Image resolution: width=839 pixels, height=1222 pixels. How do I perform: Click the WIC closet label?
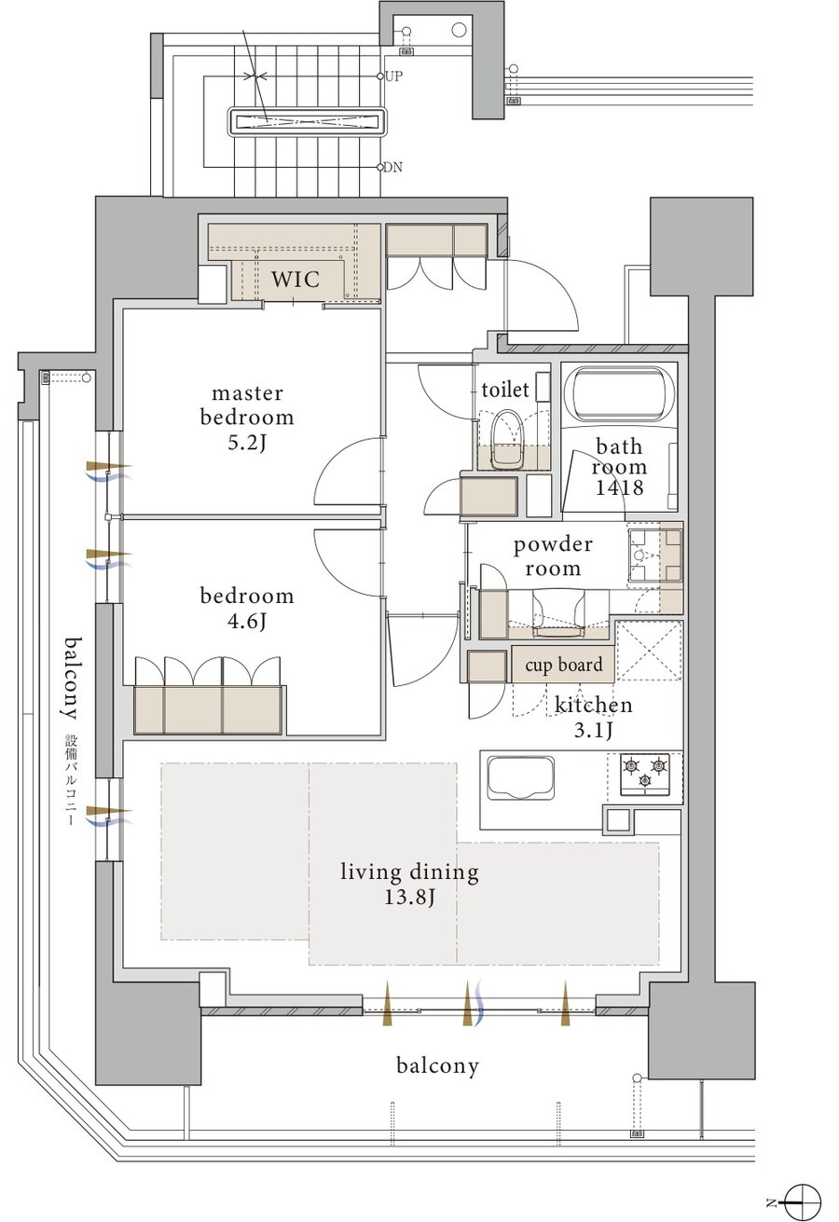[x=296, y=279]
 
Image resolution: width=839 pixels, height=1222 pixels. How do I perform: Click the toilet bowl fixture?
[x=505, y=440]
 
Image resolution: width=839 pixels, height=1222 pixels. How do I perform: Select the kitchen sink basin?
[x=520, y=776]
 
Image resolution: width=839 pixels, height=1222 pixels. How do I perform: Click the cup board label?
[x=563, y=665]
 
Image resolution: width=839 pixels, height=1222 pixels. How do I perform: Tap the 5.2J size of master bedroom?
[x=246, y=443]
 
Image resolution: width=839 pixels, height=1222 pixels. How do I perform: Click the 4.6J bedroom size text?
[x=246, y=621]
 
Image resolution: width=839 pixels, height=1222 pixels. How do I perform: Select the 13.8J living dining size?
[x=409, y=897]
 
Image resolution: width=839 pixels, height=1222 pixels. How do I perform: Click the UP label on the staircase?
[x=393, y=76]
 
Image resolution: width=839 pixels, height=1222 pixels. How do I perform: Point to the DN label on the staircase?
[x=392, y=167]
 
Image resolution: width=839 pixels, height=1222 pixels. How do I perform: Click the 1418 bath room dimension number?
[x=619, y=487]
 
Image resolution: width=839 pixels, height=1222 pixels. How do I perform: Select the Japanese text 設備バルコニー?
[x=71, y=781]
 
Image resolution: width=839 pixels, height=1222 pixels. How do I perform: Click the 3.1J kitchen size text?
[x=593, y=730]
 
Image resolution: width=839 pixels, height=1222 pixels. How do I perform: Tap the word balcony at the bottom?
[x=437, y=1065]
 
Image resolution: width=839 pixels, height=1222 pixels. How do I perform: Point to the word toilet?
[x=504, y=390]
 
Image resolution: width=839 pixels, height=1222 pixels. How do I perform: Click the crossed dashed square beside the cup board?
[x=649, y=651]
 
